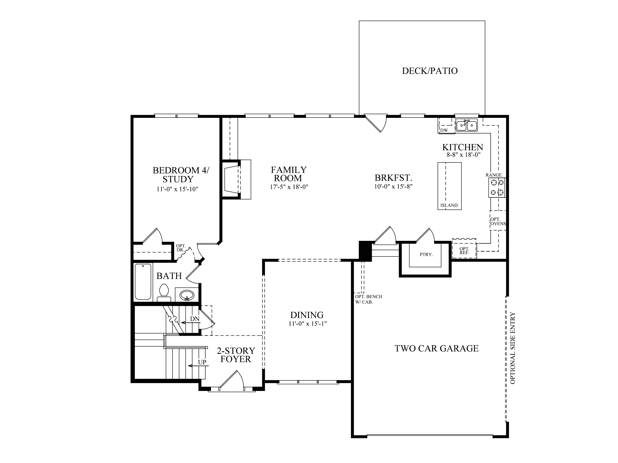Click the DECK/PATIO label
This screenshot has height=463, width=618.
coord(430,71)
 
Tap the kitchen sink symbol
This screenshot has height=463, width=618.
coord(467,125)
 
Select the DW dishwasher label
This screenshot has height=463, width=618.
coord(444,131)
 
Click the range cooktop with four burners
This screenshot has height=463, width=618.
coord(497,187)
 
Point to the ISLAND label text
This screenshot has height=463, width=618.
coord(449,205)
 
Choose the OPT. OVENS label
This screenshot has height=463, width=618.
coord(498,222)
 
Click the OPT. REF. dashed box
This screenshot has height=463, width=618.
coord(464,249)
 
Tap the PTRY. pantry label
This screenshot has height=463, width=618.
coord(426,254)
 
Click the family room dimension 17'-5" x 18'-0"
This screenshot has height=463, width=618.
coord(289,187)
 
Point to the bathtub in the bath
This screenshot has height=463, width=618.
coord(143,282)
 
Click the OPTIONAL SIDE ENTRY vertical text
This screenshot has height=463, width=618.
coord(513,348)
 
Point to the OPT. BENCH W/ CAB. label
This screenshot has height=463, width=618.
coord(368,299)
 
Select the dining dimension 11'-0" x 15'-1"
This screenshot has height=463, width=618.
coord(307,324)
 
